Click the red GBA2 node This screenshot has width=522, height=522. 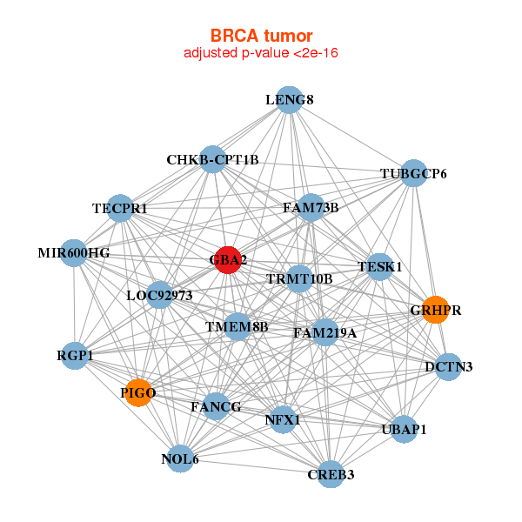(x=227, y=259)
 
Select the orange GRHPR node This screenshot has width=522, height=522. (x=435, y=310)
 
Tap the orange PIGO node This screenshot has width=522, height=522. (x=137, y=393)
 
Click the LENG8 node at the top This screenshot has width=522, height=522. (x=289, y=100)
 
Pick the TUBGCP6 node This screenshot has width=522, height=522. (x=413, y=174)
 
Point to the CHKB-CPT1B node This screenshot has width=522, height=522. (x=212, y=159)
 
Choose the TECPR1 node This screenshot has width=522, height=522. (x=121, y=208)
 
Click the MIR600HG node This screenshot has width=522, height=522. (x=74, y=253)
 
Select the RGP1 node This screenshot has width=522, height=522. (x=76, y=355)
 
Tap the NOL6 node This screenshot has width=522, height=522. (x=180, y=458)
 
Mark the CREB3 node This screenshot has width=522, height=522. (x=331, y=474)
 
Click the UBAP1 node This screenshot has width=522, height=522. (x=404, y=429)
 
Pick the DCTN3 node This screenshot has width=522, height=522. (x=448, y=367)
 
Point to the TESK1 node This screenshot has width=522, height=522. (x=379, y=266)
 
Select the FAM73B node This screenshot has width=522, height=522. (x=311, y=208)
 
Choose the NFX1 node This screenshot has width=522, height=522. (x=282, y=420)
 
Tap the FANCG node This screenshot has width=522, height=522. (x=216, y=405)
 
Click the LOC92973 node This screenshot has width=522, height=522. (x=159, y=295)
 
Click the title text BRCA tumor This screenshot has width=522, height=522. (x=261, y=36)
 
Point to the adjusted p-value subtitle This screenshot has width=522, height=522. (x=261, y=53)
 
